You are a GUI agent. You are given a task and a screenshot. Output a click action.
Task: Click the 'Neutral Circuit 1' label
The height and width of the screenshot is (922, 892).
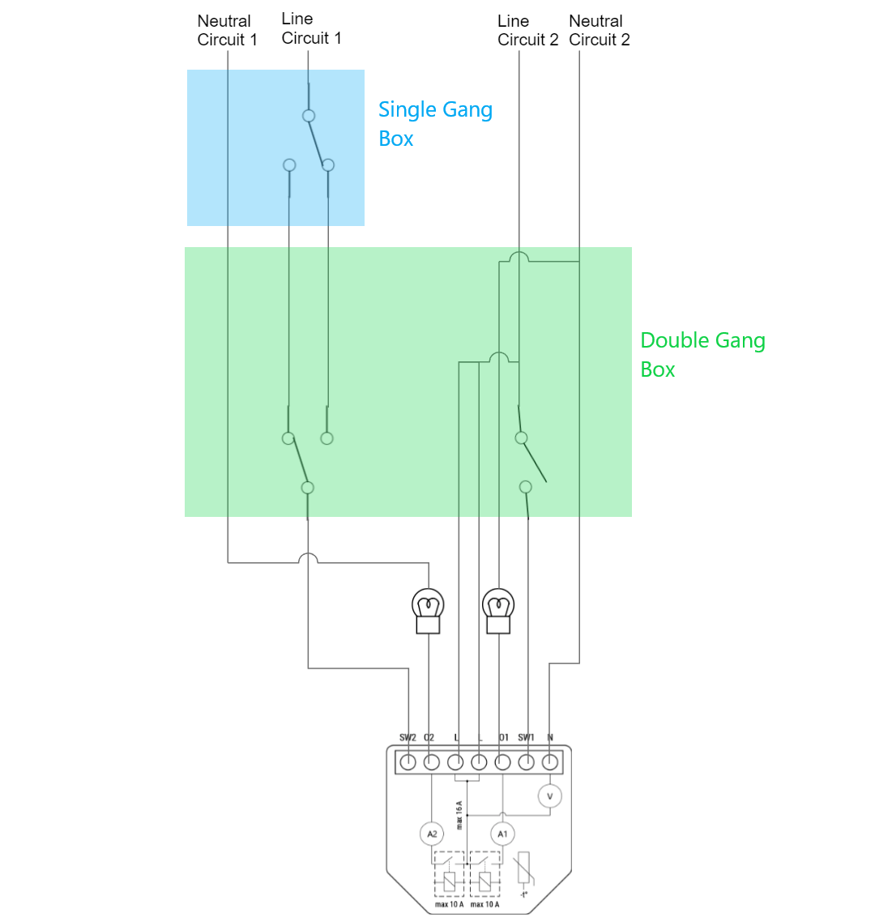coord(227,31)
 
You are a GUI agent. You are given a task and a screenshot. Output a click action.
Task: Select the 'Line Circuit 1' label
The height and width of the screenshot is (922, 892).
coord(311,28)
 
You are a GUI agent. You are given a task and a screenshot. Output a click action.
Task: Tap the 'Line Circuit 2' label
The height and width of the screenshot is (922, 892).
coord(527,31)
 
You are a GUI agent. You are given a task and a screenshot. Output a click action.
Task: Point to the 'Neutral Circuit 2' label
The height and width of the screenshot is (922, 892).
coord(599,31)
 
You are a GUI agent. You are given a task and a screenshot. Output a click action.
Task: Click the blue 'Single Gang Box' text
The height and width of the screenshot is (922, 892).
coord(435,123)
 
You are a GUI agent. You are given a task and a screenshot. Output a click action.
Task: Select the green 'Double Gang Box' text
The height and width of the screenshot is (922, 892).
coord(702,354)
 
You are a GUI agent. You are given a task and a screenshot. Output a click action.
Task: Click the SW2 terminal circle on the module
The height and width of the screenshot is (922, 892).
coord(408,762)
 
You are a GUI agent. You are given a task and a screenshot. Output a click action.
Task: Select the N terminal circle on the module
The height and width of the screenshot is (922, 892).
coord(550,762)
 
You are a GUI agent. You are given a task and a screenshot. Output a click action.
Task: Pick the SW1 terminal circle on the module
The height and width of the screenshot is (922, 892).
coord(527,762)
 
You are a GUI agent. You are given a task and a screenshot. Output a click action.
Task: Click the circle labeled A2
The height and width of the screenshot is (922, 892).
coord(432,834)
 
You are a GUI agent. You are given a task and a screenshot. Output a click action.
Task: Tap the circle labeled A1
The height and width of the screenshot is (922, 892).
coord(502,834)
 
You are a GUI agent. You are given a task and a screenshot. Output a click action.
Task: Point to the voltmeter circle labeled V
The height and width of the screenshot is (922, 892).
coord(550,796)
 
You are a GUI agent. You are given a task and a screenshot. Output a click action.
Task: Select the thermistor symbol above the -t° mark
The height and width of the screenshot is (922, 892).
coord(523,869)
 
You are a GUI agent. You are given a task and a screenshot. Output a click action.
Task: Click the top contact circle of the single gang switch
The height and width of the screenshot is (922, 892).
coord(309,116)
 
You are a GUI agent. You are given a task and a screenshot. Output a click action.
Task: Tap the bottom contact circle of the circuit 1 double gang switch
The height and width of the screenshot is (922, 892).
coord(307,488)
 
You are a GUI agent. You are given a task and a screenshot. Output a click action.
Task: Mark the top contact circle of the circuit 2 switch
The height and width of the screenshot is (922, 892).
coord(521,438)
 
